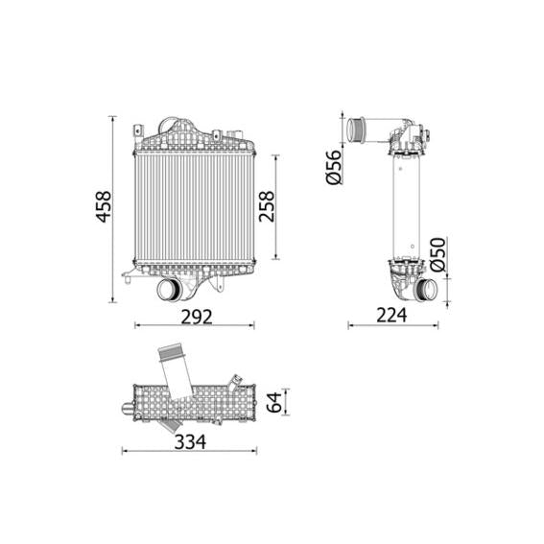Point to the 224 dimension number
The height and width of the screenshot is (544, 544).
pyautogui.click(x=391, y=314)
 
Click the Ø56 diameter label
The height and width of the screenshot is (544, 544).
pyautogui.click(x=335, y=167)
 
